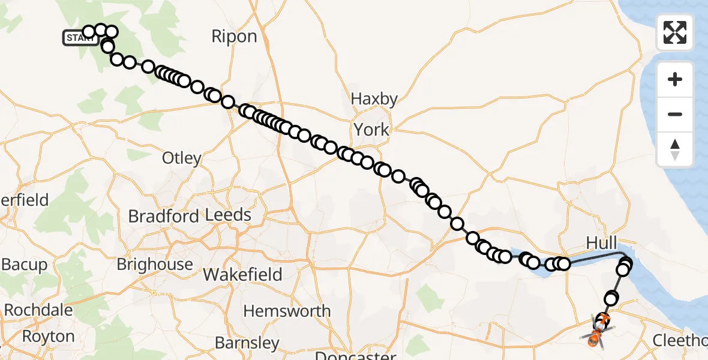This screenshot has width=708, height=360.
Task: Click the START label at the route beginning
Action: (80, 38)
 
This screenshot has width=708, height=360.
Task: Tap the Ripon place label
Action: (234, 37)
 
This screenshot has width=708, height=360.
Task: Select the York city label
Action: (371, 129)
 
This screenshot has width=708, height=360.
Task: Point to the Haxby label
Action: (374, 99)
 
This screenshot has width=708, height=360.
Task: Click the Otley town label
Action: (182, 158)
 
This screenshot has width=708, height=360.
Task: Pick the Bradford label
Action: (164, 216)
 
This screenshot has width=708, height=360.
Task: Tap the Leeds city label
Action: (228, 215)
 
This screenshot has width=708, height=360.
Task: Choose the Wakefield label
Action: (243, 275)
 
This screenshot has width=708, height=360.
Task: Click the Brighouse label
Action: (155, 265)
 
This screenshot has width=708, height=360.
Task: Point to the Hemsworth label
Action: (288, 311)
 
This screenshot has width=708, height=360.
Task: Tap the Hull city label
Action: (601, 243)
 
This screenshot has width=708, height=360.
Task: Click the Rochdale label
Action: (38, 311)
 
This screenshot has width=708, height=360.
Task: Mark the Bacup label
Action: (24, 265)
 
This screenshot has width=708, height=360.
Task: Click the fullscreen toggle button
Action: (675, 32)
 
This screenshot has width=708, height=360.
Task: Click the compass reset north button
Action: (675, 149)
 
